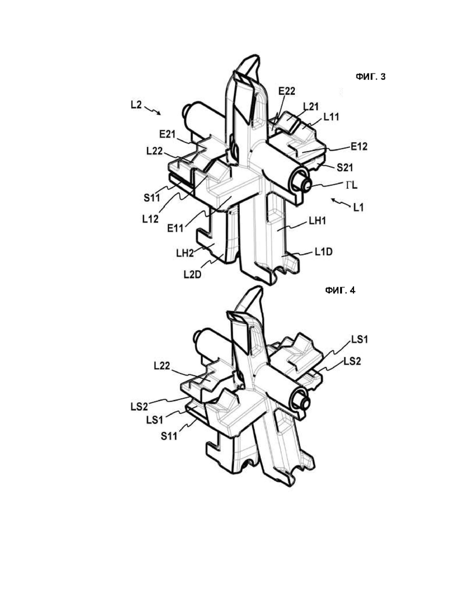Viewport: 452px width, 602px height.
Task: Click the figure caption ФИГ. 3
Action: [370, 77]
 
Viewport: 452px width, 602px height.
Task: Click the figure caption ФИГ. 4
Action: [340, 290]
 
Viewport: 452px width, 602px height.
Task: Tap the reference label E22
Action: [287, 91]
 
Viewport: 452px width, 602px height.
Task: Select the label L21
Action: [311, 106]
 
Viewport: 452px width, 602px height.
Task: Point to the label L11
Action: [331, 116]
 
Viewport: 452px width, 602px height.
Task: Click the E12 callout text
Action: [359, 146]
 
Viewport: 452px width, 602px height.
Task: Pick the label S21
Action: [345, 167]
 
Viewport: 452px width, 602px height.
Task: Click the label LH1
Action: [317, 221]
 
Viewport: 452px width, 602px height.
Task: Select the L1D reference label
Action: [323, 252]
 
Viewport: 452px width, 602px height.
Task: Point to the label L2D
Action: [192, 275]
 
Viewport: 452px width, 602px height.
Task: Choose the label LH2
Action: [185, 253]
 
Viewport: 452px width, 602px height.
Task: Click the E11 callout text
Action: [175, 228]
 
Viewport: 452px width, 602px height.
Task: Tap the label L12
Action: [150, 219]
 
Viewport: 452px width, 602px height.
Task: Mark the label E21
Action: [167, 134]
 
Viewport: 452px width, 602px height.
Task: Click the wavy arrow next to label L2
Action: [153, 110]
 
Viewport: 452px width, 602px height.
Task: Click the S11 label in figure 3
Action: [152, 198]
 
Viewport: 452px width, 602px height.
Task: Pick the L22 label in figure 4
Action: [162, 366]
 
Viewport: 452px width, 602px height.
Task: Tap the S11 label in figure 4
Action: [169, 436]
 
